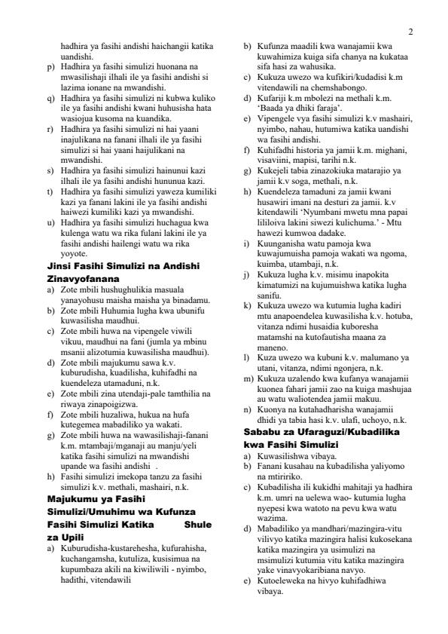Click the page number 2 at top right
coord(410,32)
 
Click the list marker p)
coord(50,66)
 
